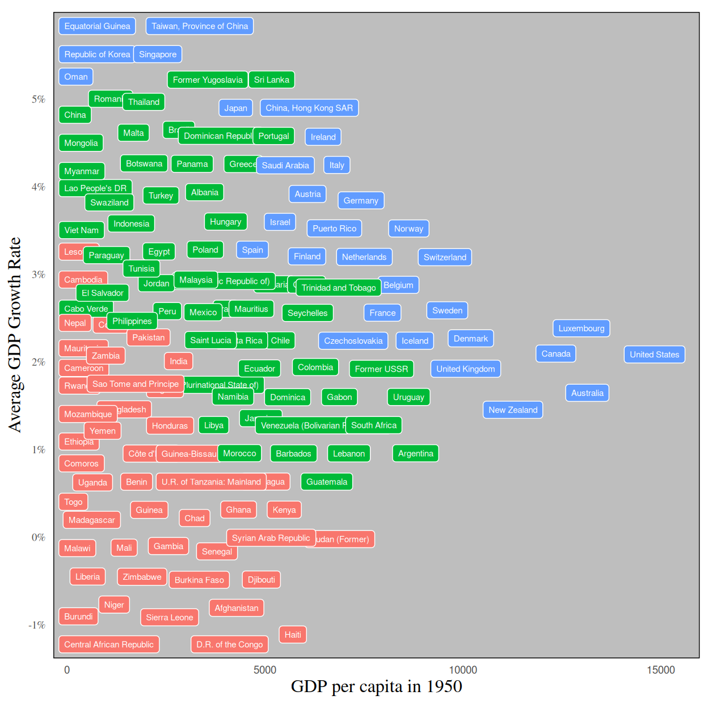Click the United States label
pyautogui.click(x=654, y=355)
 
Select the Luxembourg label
pyautogui.click(x=581, y=328)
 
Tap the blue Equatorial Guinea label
pyautogui.click(x=97, y=26)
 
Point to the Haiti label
pyautogui.click(x=293, y=635)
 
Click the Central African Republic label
pyautogui.click(x=109, y=644)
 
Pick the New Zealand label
pyautogui.click(x=512, y=410)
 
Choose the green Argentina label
pyautogui.click(x=415, y=454)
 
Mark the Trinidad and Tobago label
pyautogui.click(x=339, y=288)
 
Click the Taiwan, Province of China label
pyautogui.click(x=200, y=26)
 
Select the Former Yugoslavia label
pyautogui.click(x=208, y=80)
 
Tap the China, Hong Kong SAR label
pyautogui.click(x=309, y=108)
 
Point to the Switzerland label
pyautogui.click(x=445, y=258)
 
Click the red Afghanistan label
pyautogui.click(x=236, y=608)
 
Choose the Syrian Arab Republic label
pyautogui.click(x=271, y=538)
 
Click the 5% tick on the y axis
pyautogui.click(x=38, y=99)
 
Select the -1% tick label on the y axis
pyautogui.click(x=37, y=625)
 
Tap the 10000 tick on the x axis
pyautogui.click(x=463, y=670)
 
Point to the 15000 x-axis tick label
pyautogui.click(x=661, y=670)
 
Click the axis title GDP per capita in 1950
pyautogui.click(x=376, y=687)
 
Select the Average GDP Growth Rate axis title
pyautogui.click(x=14, y=335)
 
